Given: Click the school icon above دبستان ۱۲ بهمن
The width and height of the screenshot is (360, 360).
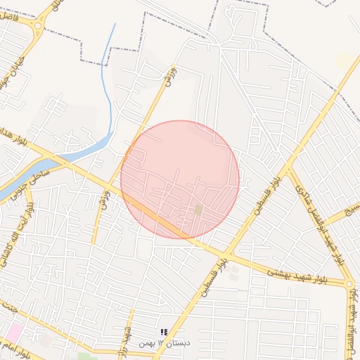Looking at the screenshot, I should [163, 332].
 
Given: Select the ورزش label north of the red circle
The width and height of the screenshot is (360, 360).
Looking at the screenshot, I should [168, 78].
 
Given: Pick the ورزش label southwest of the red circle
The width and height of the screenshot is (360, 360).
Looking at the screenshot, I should [104, 200].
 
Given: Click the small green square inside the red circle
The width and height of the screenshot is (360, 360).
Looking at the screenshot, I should [199, 209].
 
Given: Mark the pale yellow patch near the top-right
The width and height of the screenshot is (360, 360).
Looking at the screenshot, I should [344, 60].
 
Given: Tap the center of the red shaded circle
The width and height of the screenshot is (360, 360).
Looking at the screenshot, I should [180, 179].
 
